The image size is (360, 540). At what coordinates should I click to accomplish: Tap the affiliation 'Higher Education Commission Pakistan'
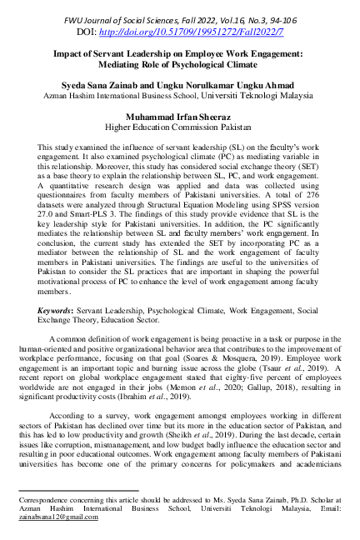[179, 128]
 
